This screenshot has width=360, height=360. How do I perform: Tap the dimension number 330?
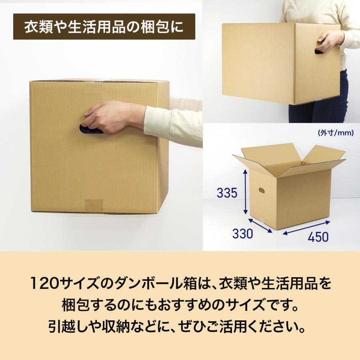tap(243, 234)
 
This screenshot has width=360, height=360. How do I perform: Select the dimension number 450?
tap(318, 236)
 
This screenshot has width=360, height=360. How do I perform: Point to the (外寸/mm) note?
tap(336, 133)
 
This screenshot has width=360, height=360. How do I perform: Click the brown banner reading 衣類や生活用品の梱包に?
tap(104, 27)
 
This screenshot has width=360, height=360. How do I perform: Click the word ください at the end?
tap(272, 329)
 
